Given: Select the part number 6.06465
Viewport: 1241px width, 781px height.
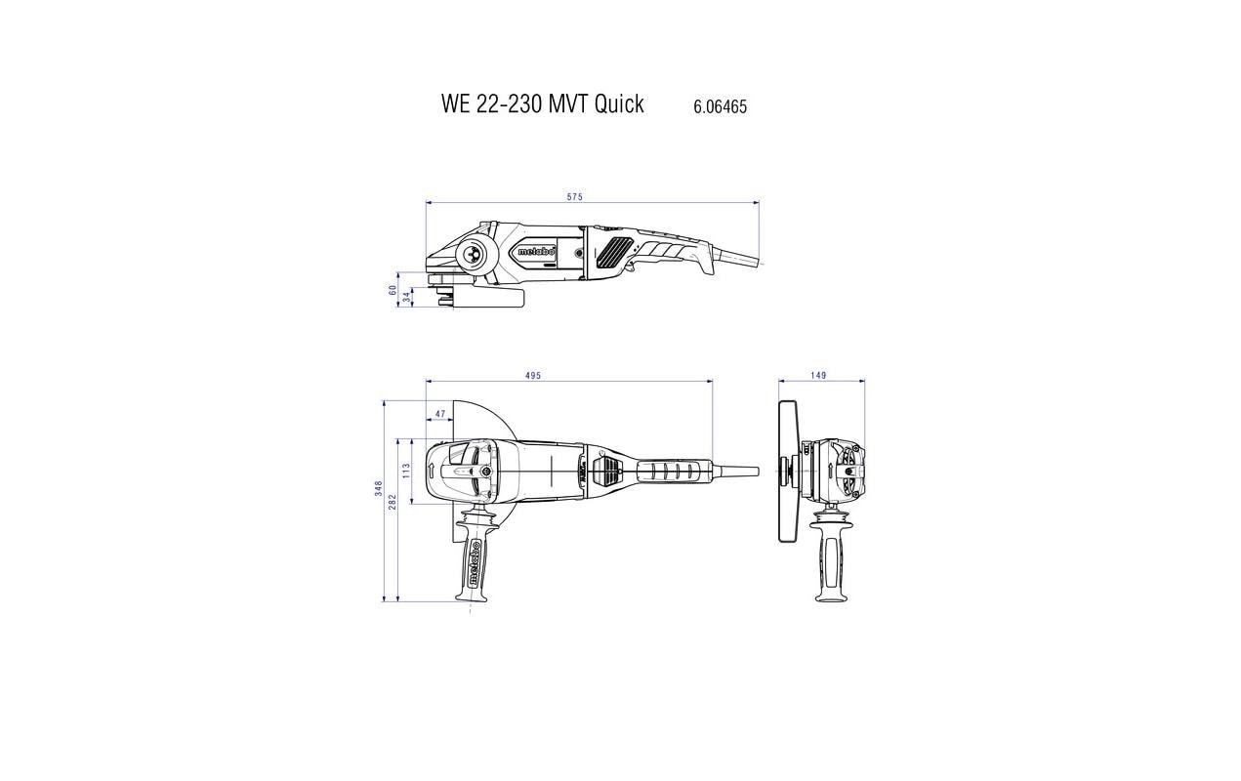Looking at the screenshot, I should (720, 107).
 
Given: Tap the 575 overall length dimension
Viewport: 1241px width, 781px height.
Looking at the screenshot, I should (574, 197).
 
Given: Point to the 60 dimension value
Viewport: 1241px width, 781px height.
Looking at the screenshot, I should (393, 290).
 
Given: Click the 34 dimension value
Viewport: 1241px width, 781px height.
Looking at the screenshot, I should (406, 297).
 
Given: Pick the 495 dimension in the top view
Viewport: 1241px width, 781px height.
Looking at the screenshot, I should (532, 376).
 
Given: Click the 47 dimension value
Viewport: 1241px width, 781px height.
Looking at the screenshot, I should (439, 414).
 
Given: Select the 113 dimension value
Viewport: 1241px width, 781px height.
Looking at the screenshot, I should (406, 471).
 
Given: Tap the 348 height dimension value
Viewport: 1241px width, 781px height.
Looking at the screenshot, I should (379, 488).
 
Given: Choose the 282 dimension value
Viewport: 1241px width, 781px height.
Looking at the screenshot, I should (393, 502).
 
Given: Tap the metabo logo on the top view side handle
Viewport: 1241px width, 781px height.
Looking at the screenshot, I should (474, 561).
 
